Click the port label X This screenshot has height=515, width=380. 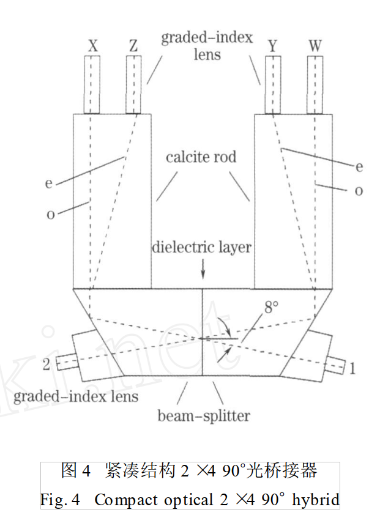(93, 46)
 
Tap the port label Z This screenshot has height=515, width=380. (133, 46)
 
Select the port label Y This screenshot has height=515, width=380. (273, 46)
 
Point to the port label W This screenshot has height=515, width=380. (315, 46)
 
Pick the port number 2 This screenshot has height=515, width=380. (46, 365)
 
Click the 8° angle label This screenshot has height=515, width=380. (271, 308)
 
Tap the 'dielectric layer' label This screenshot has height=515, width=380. (203, 247)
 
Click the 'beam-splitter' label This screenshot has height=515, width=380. (204, 416)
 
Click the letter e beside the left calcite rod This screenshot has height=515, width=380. (49, 183)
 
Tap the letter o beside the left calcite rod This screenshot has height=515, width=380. (50, 215)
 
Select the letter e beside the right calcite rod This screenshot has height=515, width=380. (358, 166)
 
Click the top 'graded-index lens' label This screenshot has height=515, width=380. (207, 46)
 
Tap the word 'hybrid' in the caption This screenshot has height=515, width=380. (315, 500)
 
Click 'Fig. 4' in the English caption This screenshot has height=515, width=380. (61, 500)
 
